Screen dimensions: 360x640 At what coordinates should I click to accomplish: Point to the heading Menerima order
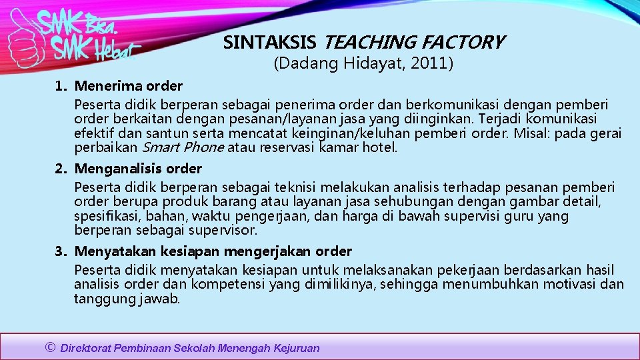click(129, 86)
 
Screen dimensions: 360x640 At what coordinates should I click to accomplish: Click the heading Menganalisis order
click(138, 169)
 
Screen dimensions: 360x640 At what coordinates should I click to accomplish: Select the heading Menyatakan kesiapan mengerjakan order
click(213, 251)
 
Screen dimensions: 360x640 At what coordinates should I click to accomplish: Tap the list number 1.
click(60, 86)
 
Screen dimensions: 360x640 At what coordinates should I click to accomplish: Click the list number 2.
click(60, 169)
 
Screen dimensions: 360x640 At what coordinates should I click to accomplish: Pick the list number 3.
click(60, 251)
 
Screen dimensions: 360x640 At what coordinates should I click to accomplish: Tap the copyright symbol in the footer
click(50, 347)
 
